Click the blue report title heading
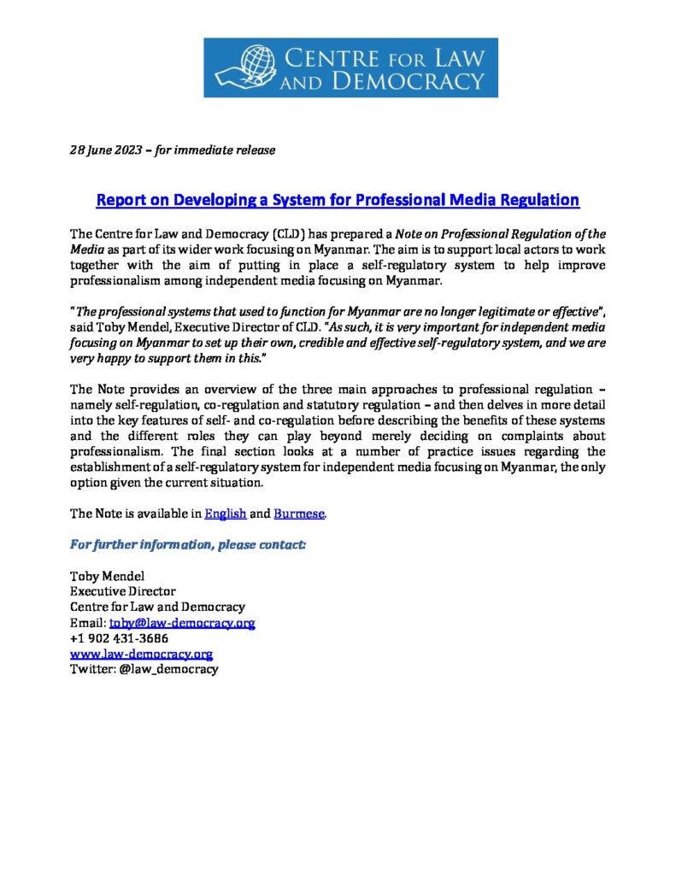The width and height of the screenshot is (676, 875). (x=338, y=200)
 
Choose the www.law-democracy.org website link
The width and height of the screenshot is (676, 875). (x=141, y=654)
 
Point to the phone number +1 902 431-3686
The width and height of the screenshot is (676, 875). (x=119, y=638)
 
